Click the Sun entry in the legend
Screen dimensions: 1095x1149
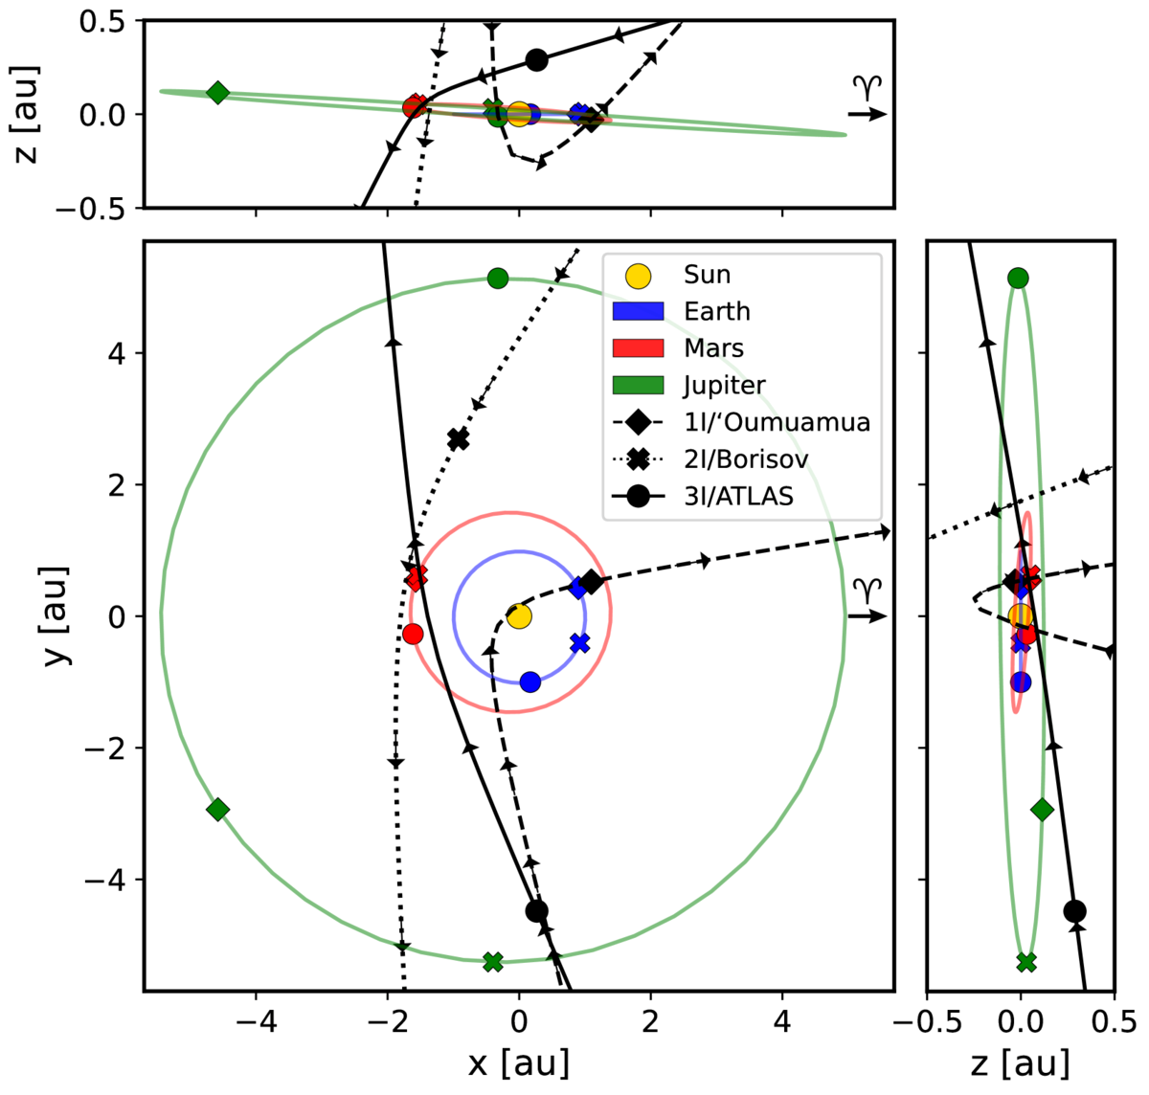[x=707, y=276]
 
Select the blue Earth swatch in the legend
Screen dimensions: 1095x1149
[x=638, y=312]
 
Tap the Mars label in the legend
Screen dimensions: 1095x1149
[x=713, y=348]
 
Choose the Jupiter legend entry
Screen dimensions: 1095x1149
[x=724, y=386]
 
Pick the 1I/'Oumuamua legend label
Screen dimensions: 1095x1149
[x=777, y=422]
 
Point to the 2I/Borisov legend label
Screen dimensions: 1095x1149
[x=746, y=459]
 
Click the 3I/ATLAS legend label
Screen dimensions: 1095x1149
[x=738, y=496]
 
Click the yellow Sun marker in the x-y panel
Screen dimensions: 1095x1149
[x=519, y=615]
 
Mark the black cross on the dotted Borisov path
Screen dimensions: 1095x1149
[x=459, y=439]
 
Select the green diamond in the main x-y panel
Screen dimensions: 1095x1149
[x=217, y=809]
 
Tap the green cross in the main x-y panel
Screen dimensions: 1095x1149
[x=493, y=961]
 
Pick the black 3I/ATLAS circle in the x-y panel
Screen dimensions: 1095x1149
[x=537, y=910]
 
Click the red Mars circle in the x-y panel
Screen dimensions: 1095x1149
[x=413, y=634]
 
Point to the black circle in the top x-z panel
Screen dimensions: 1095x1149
[x=537, y=60]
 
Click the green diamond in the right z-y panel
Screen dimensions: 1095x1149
[x=1043, y=809]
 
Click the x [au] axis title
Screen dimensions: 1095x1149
[x=518, y=1062]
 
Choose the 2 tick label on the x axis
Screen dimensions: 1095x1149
[x=650, y=1020]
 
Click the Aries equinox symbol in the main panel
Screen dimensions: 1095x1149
[x=867, y=592]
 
